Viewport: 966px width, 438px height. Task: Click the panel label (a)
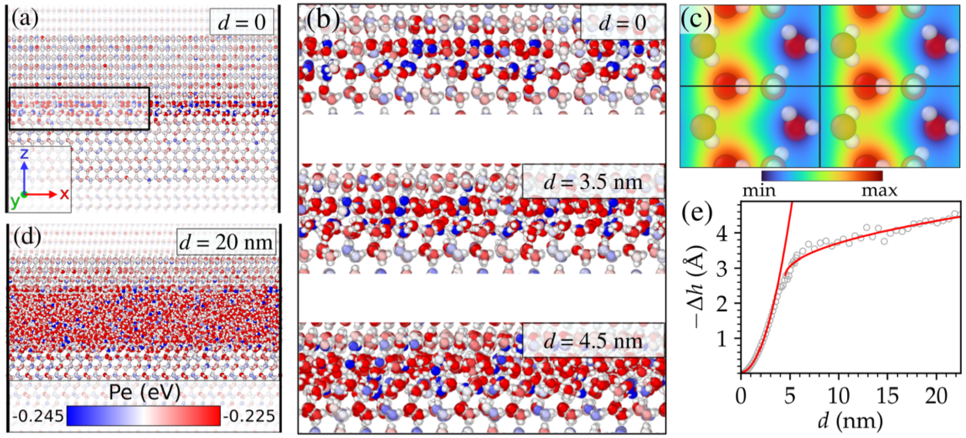pyautogui.click(x=25, y=19)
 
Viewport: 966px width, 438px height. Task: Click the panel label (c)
pyautogui.click(x=696, y=19)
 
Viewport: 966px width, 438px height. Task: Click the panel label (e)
pyautogui.click(x=697, y=213)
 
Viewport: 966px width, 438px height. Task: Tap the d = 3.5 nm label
pyautogui.click(x=593, y=182)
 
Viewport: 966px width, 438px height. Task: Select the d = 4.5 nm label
pyautogui.click(x=593, y=341)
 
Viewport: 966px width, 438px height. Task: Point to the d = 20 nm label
pyautogui.click(x=226, y=243)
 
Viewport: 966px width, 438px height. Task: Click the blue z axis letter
pyautogui.click(x=24, y=153)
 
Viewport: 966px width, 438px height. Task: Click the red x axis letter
pyautogui.click(x=64, y=194)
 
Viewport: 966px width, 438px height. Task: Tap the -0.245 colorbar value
pyautogui.click(x=38, y=416)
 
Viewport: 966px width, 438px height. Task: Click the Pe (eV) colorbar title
pyautogui.click(x=144, y=393)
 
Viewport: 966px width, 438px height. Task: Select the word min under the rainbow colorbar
pyautogui.click(x=759, y=191)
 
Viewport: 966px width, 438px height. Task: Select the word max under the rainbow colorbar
pyautogui.click(x=879, y=191)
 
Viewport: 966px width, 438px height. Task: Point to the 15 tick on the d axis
pyautogui.click(x=887, y=396)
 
